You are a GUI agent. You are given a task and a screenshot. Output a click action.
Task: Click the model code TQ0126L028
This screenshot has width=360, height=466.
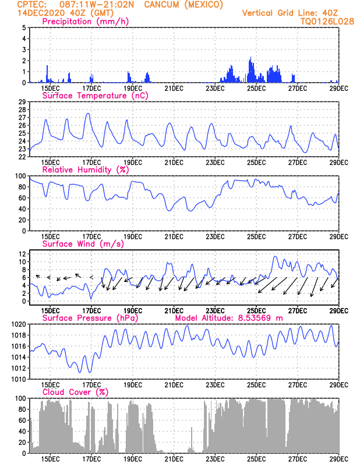[327, 22]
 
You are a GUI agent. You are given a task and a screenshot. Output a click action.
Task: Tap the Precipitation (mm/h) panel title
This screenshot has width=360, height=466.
[86, 22]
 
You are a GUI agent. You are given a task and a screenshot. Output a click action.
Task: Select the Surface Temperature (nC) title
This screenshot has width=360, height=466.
[95, 96]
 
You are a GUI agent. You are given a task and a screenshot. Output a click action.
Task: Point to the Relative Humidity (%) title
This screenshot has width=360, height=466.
[86, 170]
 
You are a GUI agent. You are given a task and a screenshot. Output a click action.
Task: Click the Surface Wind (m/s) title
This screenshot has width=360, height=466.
[83, 244]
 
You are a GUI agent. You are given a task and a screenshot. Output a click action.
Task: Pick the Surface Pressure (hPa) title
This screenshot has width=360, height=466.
[90, 318]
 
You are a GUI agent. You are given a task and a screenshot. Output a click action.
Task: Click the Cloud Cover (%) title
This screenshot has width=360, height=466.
[76, 392]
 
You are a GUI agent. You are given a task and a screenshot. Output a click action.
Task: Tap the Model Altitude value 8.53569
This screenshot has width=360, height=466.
[255, 318]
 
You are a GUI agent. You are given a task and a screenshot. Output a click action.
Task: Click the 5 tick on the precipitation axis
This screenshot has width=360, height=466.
[24, 27]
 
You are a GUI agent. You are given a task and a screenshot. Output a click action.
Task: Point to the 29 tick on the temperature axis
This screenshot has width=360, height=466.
[22, 102]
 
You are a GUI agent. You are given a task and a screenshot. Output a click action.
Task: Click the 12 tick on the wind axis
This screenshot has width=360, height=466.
[23, 254]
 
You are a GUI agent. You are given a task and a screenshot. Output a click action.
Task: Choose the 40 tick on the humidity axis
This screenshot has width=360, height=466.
[22, 209]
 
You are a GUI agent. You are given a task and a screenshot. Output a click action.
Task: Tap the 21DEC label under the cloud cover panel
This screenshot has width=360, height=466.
[174, 460]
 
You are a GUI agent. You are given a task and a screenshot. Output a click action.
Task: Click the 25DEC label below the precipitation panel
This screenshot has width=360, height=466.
[256, 89]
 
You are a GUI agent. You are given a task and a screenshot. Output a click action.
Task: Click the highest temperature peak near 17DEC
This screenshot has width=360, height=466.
[88, 113]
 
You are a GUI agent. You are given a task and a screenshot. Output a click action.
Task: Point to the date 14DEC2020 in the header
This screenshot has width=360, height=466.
[41, 13]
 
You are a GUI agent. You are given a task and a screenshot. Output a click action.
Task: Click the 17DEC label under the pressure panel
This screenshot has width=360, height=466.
[91, 385]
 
